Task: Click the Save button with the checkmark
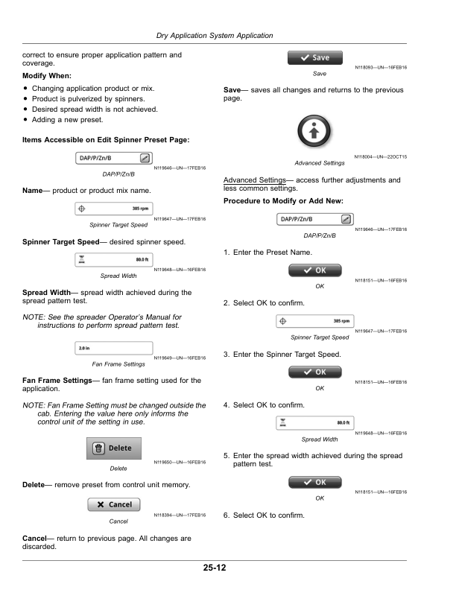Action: coord(315,57)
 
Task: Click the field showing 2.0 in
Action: coord(115,349)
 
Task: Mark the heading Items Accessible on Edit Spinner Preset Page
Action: coord(106,139)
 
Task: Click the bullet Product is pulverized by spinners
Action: coord(93,99)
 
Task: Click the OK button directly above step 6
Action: coord(315,482)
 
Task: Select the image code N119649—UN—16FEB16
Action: coord(180,358)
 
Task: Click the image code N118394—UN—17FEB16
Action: coord(180,516)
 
